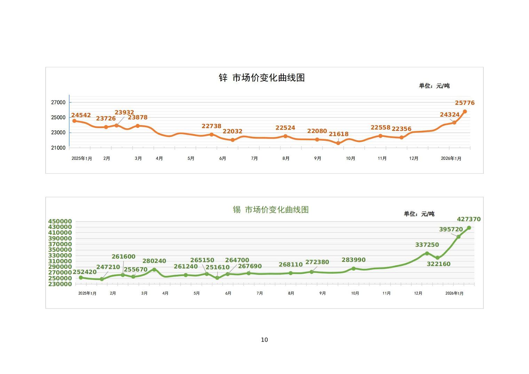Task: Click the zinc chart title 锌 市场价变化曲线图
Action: pos(262,78)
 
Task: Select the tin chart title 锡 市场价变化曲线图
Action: pos(271,210)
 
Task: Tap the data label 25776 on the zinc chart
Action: pos(465,103)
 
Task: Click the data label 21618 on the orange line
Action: pos(338,134)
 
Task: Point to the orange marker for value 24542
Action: pos(74,121)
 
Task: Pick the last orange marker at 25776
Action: pos(465,111)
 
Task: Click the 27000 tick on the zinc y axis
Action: pos(58,102)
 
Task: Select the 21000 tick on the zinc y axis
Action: pos(58,148)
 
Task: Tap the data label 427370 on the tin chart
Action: pos(468,219)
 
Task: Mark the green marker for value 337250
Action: pos(427,253)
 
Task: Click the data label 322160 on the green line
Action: pos(439,264)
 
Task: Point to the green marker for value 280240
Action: pos(154,270)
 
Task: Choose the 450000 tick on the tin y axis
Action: pos(60,221)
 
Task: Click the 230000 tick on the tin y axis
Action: pos(60,284)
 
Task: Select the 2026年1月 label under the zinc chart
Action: pos(451,158)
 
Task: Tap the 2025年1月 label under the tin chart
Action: pos(87,294)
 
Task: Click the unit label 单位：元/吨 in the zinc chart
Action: pos(434,86)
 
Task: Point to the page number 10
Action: pos(264,340)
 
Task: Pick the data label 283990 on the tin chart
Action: pos(354,260)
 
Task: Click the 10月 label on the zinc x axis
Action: pos(350,158)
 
